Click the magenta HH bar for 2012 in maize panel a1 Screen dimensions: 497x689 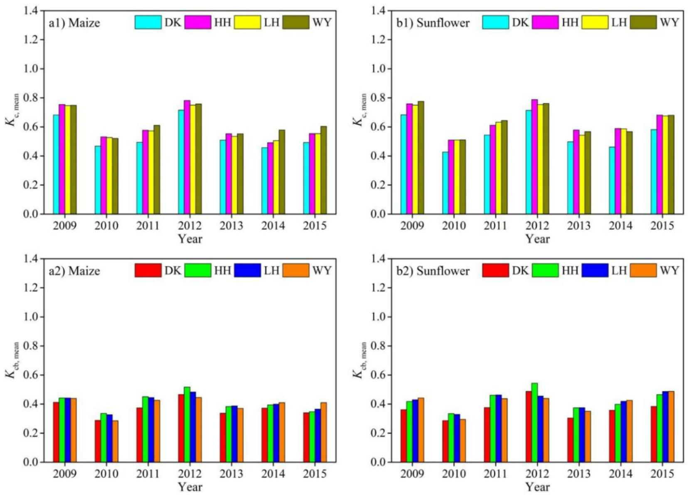click(187, 158)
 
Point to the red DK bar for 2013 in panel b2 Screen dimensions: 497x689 click(570, 440)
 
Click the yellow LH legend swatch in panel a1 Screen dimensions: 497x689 click(247, 22)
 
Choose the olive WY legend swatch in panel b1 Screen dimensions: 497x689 click(643, 22)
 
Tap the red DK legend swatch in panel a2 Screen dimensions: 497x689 click(148, 271)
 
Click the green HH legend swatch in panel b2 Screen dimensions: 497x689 click(545, 271)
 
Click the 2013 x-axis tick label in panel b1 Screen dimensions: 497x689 click(579, 226)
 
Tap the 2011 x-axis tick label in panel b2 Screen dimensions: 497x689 click(495, 474)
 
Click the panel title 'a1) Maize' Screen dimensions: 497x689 click(74, 23)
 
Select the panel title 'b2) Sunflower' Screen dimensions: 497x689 click(433, 271)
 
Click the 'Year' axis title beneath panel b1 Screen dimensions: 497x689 click(537, 239)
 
